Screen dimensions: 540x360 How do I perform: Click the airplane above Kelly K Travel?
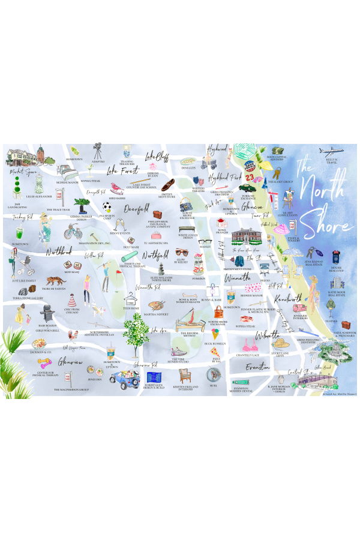coord(331,151)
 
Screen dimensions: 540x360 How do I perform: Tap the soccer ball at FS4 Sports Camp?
coord(107,208)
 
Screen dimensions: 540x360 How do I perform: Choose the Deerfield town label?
coord(136,210)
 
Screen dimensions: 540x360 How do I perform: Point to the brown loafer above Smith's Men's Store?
coord(167,184)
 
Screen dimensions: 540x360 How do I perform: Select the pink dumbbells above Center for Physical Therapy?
coord(44,363)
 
